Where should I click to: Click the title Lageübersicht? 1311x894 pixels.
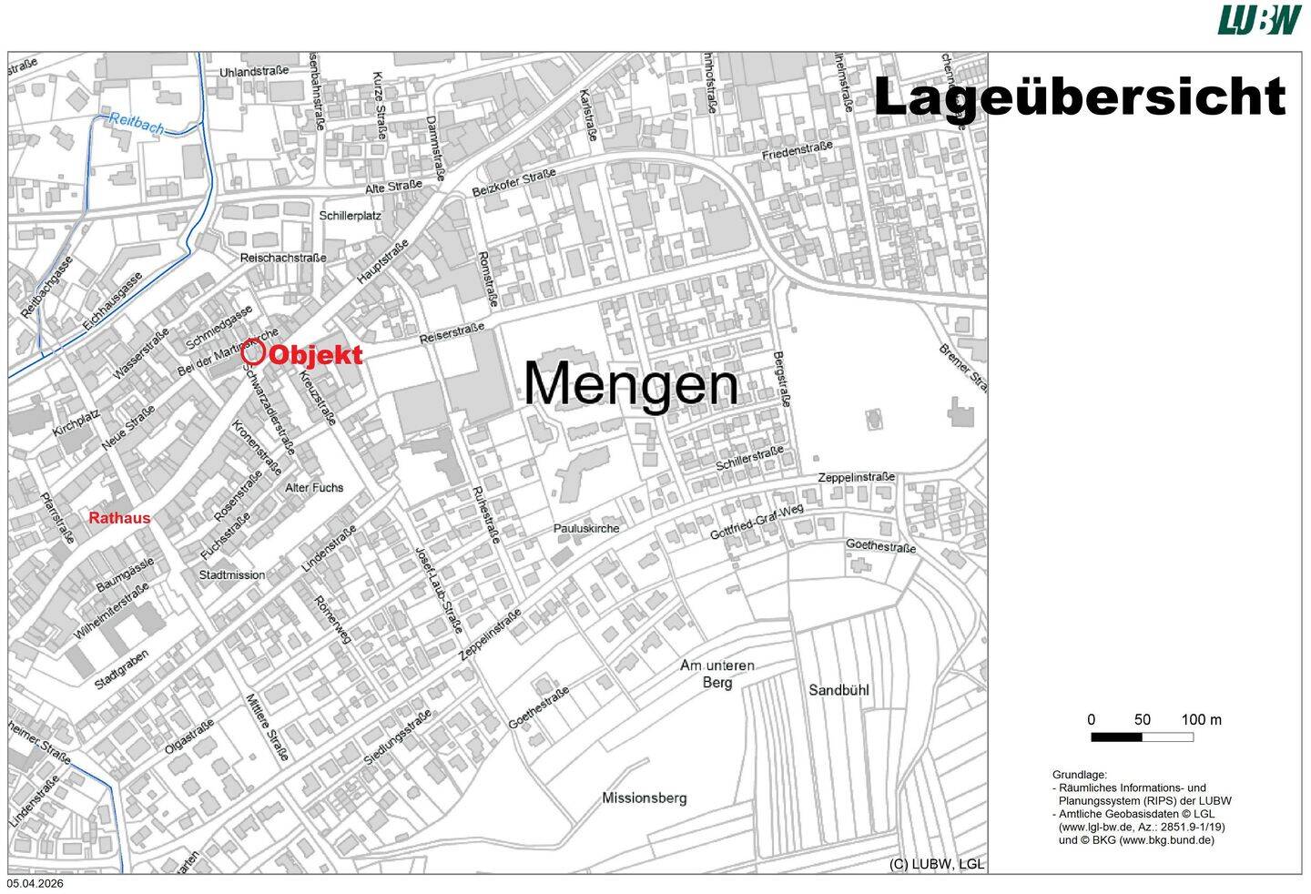click(x=1079, y=97)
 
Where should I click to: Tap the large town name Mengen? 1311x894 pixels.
click(x=630, y=385)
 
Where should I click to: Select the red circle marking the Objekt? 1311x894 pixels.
click(x=253, y=352)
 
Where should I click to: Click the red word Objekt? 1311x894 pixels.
click(x=316, y=355)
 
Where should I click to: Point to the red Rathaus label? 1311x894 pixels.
click(x=119, y=518)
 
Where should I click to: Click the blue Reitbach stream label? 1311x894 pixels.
click(x=136, y=123)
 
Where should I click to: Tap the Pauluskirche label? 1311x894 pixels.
click(x=586, y=529)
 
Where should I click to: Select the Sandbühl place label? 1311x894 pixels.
click(x=838, y=690)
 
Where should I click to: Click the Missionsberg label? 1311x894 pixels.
click(x=644, y=798)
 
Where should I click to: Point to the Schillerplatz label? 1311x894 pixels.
click(x=350, y=216)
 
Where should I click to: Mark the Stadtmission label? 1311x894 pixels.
click(x=232, y=575)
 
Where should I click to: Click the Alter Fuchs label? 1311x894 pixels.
click(x=314, y=488)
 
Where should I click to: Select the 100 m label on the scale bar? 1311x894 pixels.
click(x=1201, y=720)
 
